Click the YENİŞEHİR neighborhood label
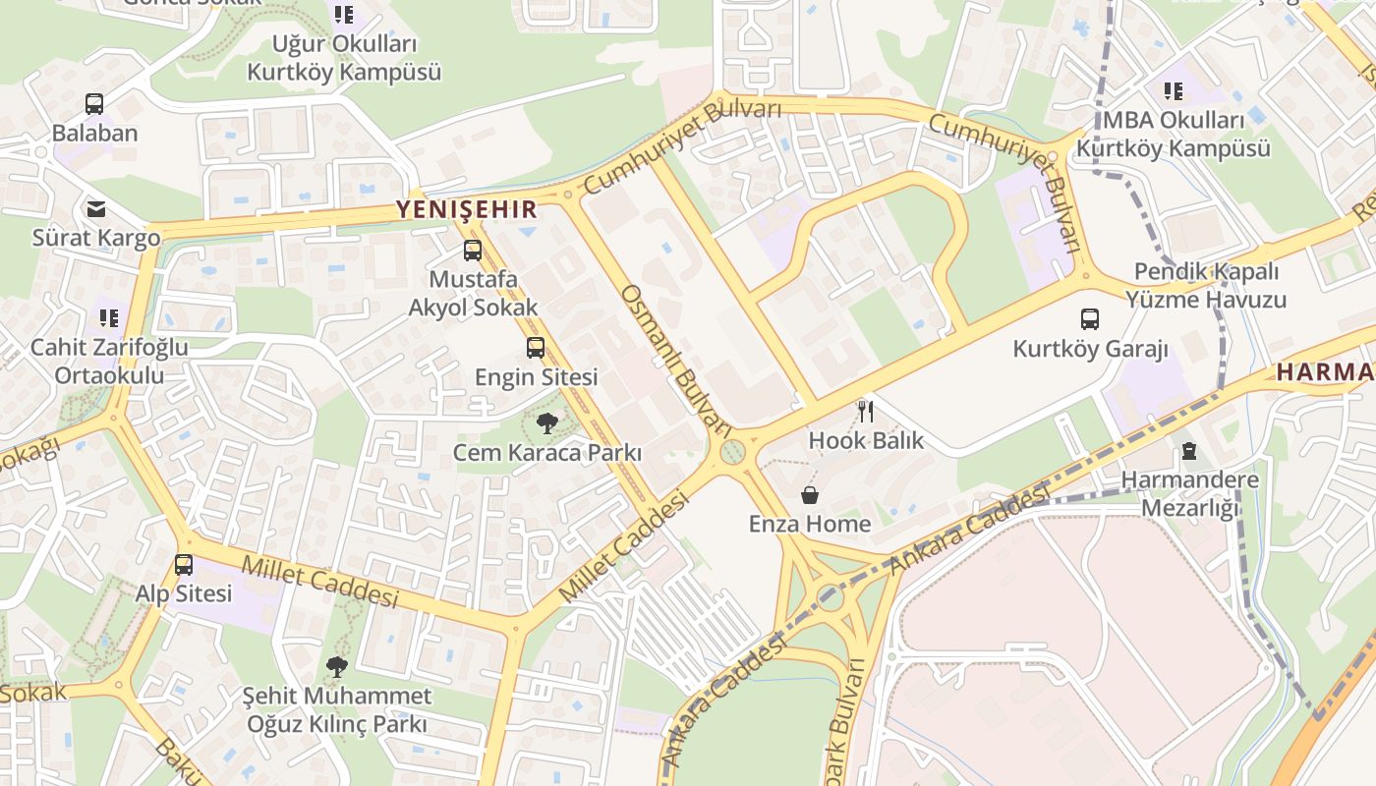[467, 209]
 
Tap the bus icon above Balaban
[94, 104]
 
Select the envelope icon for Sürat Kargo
[96, 208]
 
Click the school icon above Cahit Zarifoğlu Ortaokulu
[108, 317]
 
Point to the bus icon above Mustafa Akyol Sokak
[473, 251]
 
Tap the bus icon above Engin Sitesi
[536, 347]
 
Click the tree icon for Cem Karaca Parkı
[547, 423]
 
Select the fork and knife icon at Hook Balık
[866, 411]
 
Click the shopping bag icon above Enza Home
[810, 494]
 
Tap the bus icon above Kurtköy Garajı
[1090, 319]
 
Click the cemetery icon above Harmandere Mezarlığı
[1189, 451]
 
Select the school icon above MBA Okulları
[1174, 91]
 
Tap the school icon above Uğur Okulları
[343, 15]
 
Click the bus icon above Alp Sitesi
[184, 565]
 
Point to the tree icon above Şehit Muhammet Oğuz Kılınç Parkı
[337, 667]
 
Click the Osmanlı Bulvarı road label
[679, 360]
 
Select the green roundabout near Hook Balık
[732, 452]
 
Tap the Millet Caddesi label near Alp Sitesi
[319, 582]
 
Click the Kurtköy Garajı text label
[1090, 349]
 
